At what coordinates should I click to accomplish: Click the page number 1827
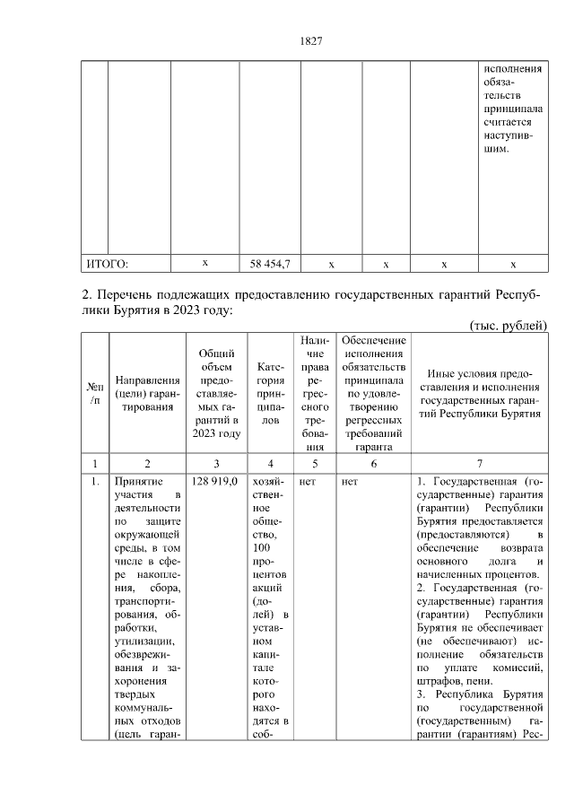click(x=309, y=41)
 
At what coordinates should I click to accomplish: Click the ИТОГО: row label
click(x=107, y=264)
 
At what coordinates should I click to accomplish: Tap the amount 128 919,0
click(x=213, y=481)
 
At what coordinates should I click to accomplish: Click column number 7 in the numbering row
click(x=480, y=463)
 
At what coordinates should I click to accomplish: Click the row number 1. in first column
click(x=94, y=481)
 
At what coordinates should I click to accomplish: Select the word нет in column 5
click(x=308, y=481)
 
